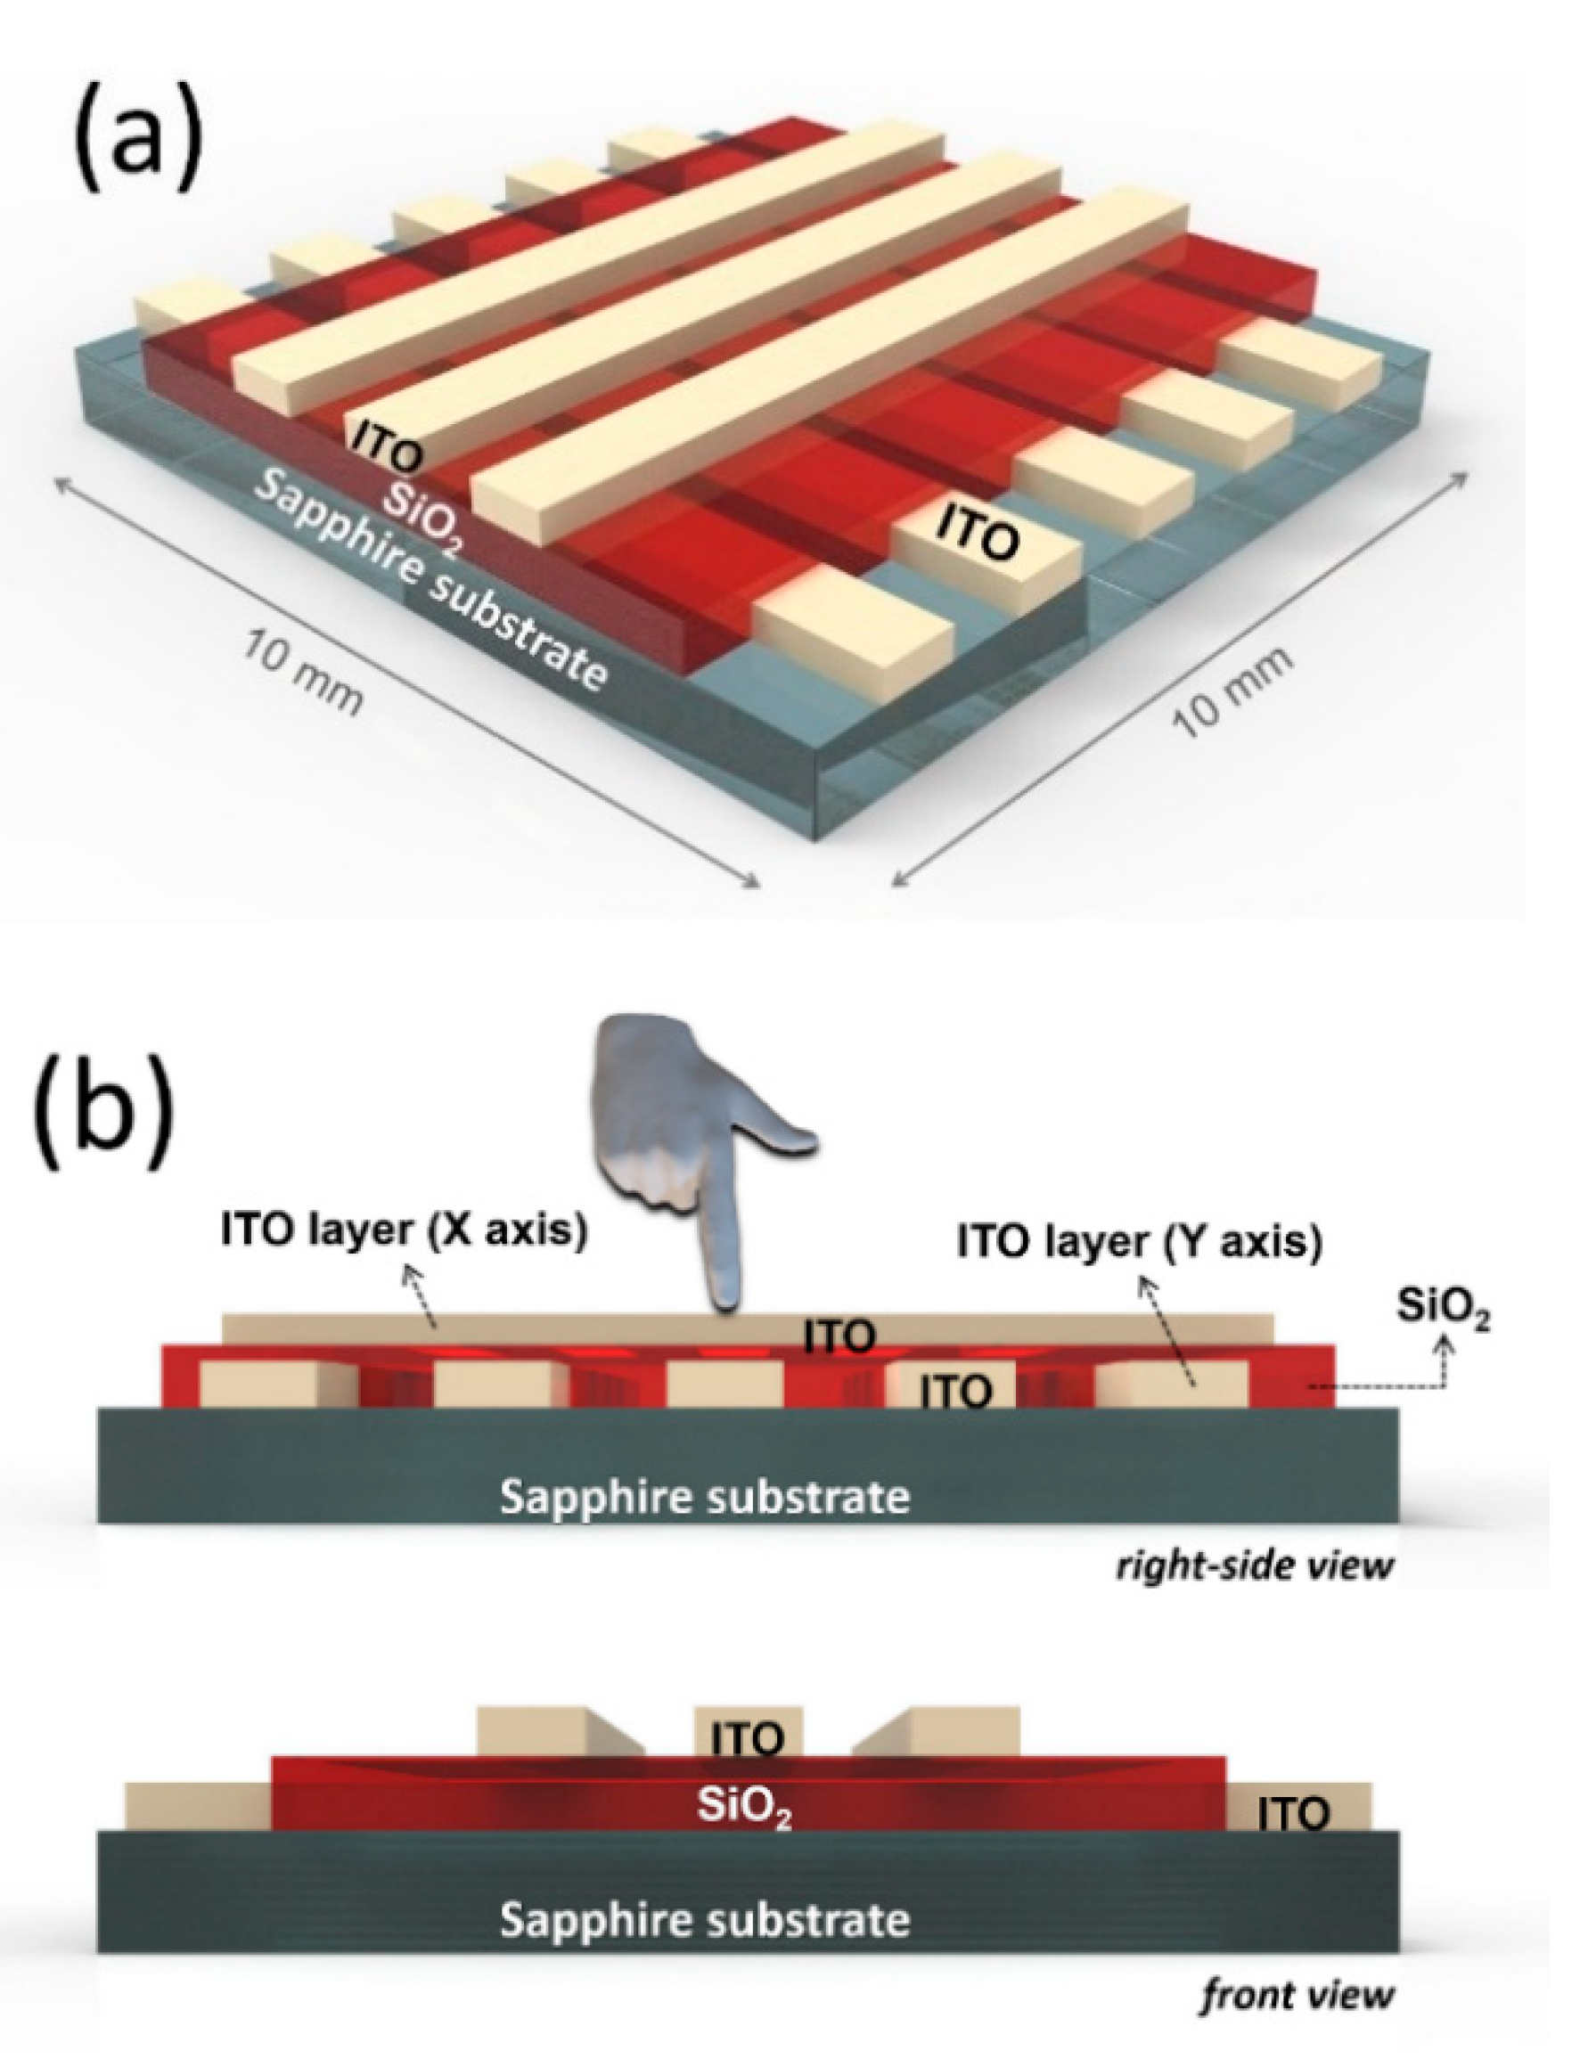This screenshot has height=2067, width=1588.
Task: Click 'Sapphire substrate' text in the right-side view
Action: [704, 1497]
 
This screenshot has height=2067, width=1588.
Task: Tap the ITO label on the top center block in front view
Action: [748, 1738]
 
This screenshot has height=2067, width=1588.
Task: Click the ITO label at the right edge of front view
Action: [1293, 1813]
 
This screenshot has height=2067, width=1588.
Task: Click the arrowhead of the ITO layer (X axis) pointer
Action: [409, 1274]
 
